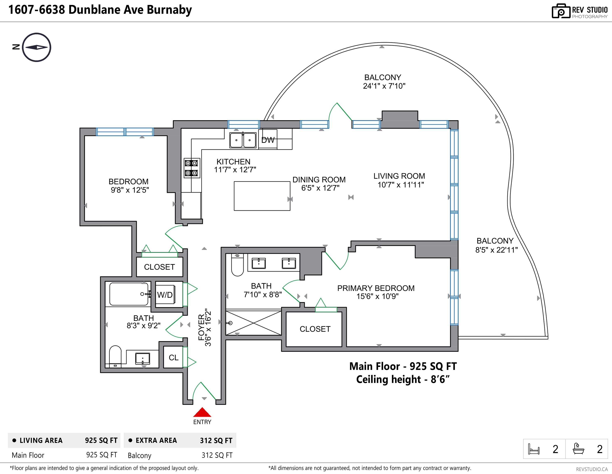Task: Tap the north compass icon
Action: tap(36, 47)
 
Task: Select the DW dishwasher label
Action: tap(268, 140)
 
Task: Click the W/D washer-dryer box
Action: tap(165, 295)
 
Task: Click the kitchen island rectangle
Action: tap(262, 196)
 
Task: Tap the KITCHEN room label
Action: tap(233, 162)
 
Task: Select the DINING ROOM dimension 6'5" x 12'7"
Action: tap(320, 188)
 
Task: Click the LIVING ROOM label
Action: tap(399, 176)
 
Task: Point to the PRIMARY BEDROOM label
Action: tap(376, 288)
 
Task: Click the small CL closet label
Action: tap(173, 358)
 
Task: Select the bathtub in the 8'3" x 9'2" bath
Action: tap(129, 294)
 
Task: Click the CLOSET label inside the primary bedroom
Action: tap(315, 329)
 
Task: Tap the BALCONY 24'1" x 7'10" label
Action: tap(384, 81)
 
